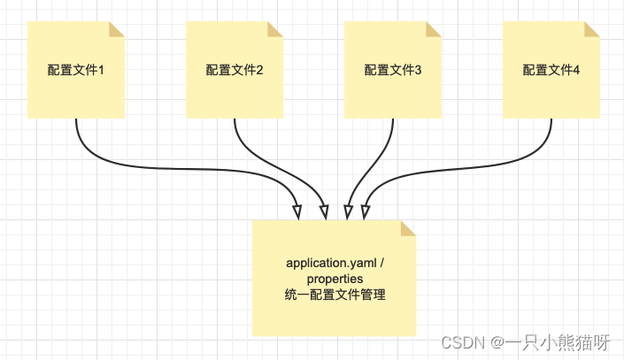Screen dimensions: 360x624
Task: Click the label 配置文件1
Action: point(76,70)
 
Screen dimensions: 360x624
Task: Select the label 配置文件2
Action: point(235,70)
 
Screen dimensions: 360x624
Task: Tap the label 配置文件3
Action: point(393,70)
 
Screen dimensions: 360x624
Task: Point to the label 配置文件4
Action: point(551,70)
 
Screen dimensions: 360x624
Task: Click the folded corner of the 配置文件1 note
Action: point(118,29)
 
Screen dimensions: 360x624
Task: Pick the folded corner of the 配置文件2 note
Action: point(276,29)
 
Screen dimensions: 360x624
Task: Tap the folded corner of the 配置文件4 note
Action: point(592,29)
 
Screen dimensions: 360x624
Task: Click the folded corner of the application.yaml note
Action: point(409,227)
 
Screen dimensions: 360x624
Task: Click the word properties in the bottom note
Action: point(335,279)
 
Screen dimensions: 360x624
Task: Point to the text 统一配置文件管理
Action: point(335,294)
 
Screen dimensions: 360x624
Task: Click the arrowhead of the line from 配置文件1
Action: point(297,212)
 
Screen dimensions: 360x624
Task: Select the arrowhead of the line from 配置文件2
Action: point(324,212)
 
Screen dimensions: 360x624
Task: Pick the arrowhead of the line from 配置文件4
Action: point(365,212)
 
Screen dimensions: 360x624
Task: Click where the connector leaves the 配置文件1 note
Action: point(76,119)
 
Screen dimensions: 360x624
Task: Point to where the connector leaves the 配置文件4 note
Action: point(551,119)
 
